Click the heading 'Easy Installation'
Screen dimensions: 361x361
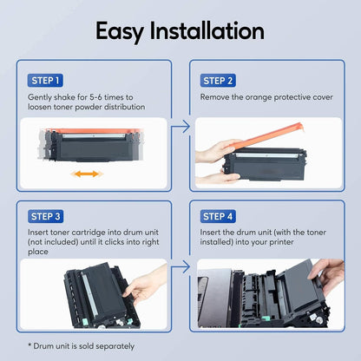tap(180, 32)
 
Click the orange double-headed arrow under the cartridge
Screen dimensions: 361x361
tap(85, 174)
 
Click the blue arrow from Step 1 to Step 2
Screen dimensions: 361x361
tap(180, 128)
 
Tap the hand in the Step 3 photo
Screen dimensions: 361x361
tap(148, 282)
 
